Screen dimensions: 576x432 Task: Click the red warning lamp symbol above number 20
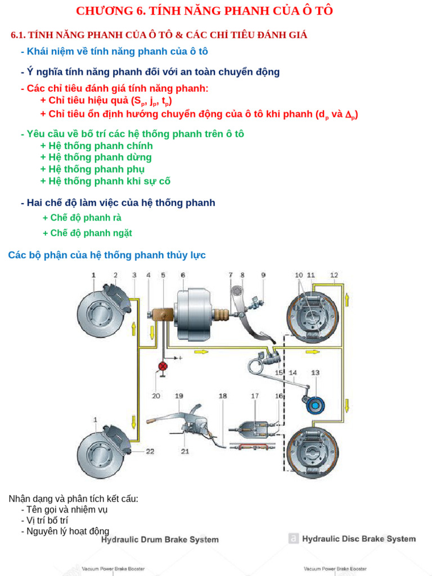point(163,367)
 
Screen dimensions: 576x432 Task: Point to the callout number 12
point(334,275)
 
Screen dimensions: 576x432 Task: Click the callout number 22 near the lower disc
point(150,451)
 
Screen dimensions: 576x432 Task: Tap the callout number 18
point(223,396)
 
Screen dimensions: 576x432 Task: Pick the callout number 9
point(263,275)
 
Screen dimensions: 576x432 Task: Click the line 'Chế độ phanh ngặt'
point(87,233)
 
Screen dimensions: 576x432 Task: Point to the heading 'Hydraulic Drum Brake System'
point(160,539)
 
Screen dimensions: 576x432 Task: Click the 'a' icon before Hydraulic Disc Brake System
point(292,538)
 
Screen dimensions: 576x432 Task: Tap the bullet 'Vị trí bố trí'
point(47,520)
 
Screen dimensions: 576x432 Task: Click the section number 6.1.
point(18,35)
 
